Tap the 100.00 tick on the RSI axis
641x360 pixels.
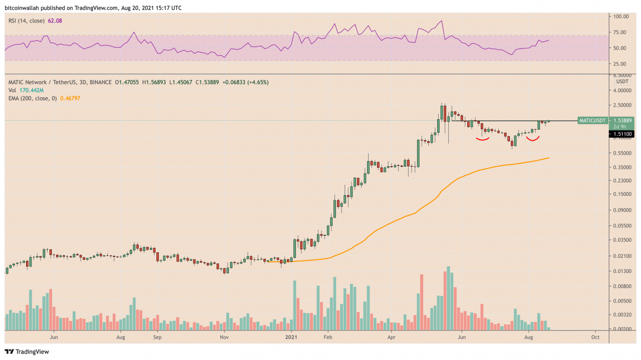(x=621, y=17)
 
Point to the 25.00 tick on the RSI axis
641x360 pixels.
(x=621, y=64)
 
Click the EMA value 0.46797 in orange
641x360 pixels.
(x=70, y=99)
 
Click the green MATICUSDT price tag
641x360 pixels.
(x=592, y=121)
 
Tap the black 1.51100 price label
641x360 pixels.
(x=621, y=134)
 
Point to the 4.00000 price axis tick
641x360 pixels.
(x=624, y=91)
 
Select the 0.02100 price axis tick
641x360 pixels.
(x=624, y=256)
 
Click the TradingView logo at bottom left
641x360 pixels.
(x=27, y=351)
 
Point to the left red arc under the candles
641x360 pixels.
(x=482, y=140)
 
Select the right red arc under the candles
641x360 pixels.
(x=532, y=139)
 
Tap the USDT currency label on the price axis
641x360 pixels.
(x=622, y=81)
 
